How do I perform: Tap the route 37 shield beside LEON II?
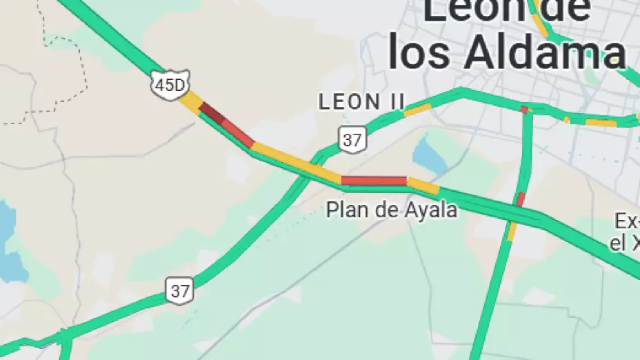[x=352, y=140]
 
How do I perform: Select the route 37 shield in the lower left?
[x=180, y=290]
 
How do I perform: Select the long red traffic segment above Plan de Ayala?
[x=374, y=181]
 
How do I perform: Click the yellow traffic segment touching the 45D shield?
[x=191, y=101]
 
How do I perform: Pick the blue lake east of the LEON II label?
[x=430, y=156]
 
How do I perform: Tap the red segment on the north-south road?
[x=520, y=200]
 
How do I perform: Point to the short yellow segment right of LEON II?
[x=417, y=109]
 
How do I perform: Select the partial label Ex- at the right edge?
[x=628, y=222]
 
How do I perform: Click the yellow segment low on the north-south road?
[x=512, y=231]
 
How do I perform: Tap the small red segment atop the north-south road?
[x=524, y=109]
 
